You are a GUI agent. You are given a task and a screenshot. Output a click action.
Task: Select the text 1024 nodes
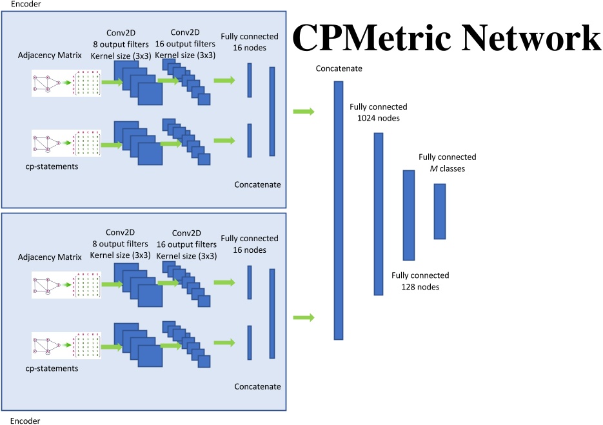(x=379, y=119)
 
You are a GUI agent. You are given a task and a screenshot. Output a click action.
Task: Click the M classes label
(x=447, y=168)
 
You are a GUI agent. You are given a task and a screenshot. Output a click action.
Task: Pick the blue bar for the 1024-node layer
(x=379, y=213)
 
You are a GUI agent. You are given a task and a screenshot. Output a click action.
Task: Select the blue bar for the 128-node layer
(x=408, y=215)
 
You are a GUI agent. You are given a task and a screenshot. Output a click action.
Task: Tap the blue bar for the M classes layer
(x=440, y=211)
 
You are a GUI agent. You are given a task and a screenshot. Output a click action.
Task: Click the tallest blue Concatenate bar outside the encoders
(x=339, y=210)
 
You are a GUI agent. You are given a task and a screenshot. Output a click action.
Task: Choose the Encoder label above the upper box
(x=25, y=4)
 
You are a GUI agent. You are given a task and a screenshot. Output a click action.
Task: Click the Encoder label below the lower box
(x=25, y=420)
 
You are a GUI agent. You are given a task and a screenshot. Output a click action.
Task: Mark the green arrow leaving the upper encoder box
(x=303, y=112)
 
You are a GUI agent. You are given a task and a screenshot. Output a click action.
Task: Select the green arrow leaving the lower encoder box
(x=303, y=317)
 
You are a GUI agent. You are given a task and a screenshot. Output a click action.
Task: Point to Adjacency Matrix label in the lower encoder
(x=50, y=257)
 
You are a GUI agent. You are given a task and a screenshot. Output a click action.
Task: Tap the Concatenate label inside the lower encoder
(x=257, y=386)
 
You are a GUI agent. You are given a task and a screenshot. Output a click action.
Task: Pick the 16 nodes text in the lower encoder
(x=249, y=250)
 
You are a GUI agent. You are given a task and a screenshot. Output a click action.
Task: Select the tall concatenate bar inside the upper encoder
(x=272, y=111)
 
